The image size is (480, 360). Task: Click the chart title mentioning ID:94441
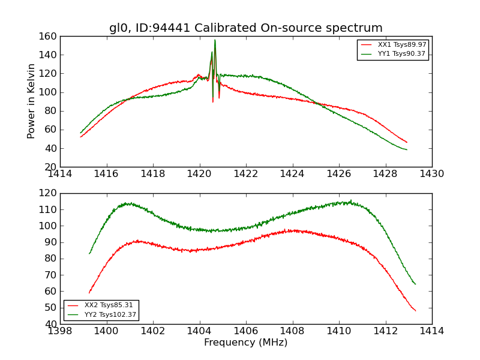[x=245, y=28]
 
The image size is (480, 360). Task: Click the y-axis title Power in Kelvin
[x=31, y=101]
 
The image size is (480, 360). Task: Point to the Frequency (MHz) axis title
[x=245, y=343]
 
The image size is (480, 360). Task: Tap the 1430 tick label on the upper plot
[x=431, y=174]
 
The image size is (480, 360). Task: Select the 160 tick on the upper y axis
[x=50, y=37]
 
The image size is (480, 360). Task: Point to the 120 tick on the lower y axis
[x=50, y=194]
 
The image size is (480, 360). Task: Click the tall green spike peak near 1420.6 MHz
[x=215, y=40]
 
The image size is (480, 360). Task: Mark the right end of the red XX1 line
[x=407, y=142]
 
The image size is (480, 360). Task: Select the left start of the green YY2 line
[x=89, y=253]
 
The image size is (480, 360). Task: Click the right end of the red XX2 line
[x=415, y=310]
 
